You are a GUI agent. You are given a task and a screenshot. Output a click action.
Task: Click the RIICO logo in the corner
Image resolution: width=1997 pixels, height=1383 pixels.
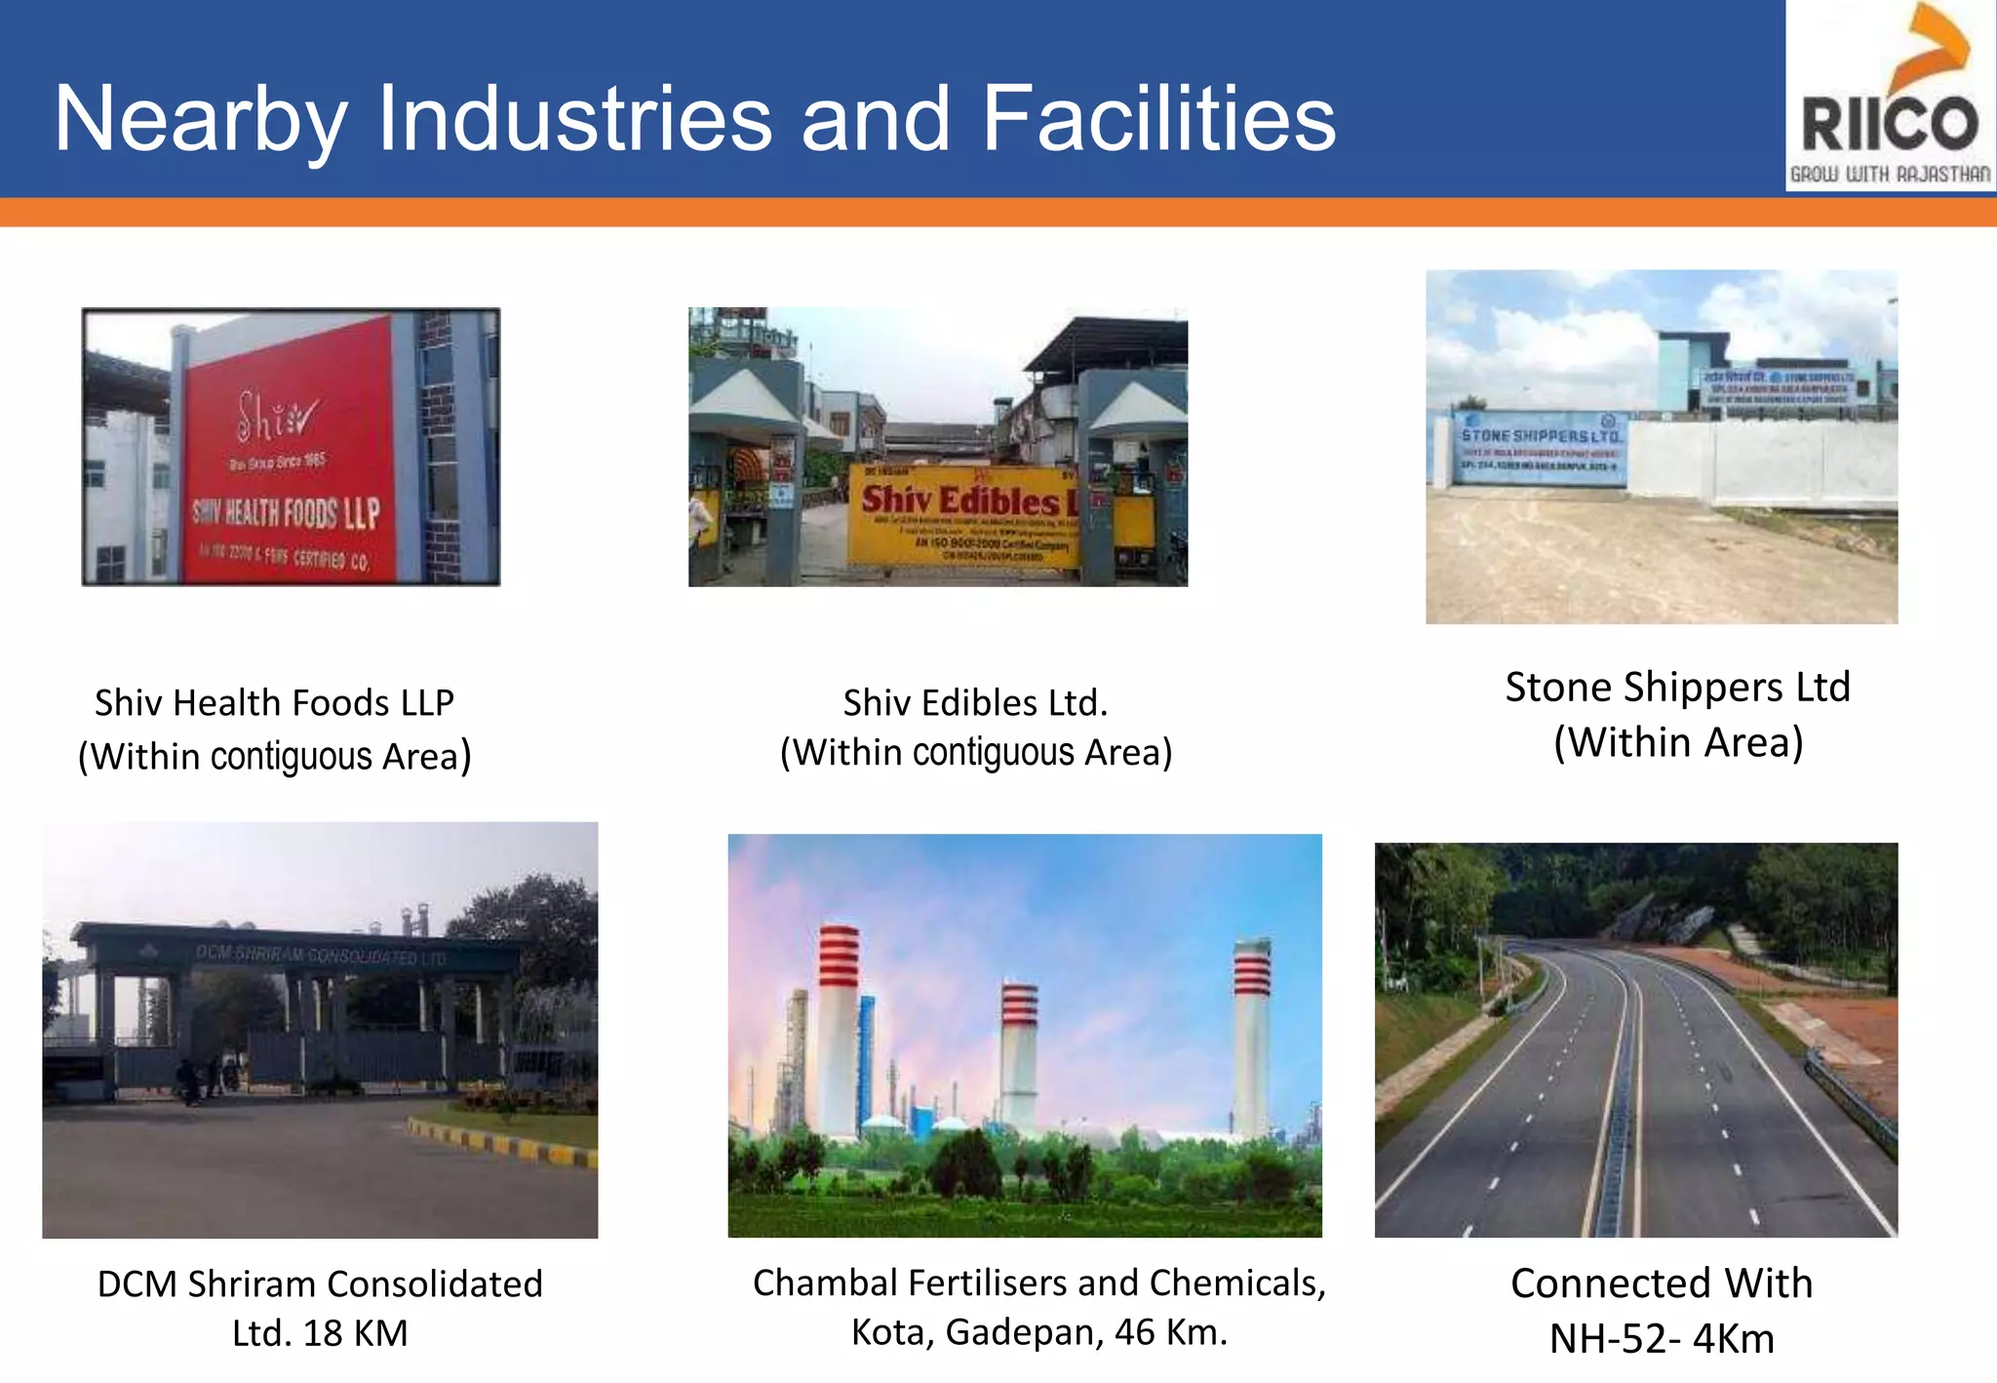coord(1890,98)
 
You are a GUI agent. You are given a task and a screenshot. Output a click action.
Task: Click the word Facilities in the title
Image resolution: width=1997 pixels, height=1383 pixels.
coord(1158,119)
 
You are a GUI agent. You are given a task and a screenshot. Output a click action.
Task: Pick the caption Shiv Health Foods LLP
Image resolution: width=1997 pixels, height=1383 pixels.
coord(274,703)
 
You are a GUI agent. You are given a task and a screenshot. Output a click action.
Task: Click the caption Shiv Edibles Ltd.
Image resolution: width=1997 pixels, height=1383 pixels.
coord(975,703)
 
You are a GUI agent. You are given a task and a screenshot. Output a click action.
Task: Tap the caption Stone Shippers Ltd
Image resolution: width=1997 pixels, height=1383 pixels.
coord(1677,688)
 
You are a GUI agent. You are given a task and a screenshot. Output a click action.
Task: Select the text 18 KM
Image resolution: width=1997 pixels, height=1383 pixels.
coord(355,1333)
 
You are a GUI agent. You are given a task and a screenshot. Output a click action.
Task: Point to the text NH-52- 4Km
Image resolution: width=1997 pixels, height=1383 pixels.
coord(1662,1339)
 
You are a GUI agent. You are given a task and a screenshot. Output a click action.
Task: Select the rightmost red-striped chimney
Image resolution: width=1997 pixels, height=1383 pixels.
coord(1251,1034)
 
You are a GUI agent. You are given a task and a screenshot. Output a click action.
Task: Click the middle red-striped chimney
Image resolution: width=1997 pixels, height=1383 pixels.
coord(1019,1053)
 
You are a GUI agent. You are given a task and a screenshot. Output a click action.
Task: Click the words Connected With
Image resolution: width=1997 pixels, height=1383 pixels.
coord(1662,1284)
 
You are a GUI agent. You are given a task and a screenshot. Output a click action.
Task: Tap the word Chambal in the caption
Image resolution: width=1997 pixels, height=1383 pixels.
coord(824,1284)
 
